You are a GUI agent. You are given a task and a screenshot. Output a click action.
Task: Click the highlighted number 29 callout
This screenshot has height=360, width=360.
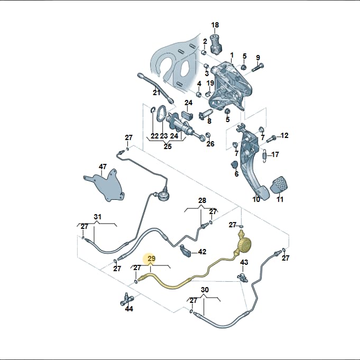point(152,259)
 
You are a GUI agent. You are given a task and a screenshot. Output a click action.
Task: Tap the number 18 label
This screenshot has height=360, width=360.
point(215,25)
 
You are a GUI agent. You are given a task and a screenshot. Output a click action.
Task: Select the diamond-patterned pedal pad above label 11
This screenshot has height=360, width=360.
point(280,185)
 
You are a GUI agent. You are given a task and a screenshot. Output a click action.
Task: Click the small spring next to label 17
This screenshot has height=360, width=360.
point(264,155)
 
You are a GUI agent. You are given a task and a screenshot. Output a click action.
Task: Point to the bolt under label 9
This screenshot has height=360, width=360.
point(257,67)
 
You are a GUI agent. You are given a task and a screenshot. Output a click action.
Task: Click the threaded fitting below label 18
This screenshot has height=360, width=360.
point(216,44)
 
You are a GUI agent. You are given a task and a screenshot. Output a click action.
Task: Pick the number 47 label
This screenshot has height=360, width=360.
point(103,167)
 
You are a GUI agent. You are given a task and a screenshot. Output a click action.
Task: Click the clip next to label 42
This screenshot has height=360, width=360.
point(185,251)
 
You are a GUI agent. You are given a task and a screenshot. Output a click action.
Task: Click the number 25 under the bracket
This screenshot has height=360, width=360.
point(168,146)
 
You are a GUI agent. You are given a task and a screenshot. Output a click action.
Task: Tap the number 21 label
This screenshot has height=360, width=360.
point(156,93)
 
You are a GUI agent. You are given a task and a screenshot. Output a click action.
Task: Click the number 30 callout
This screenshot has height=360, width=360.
point(205,290)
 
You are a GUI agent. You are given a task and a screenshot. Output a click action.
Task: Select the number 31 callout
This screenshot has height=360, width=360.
point(97,217)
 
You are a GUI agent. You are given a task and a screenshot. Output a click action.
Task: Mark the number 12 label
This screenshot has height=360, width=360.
point(284,135)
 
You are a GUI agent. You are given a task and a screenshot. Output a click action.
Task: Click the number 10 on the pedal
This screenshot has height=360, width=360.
point(256,199)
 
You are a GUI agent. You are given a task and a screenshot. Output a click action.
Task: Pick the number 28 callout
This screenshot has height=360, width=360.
point(202,200)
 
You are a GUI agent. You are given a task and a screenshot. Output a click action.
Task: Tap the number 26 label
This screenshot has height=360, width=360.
point(210,144)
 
